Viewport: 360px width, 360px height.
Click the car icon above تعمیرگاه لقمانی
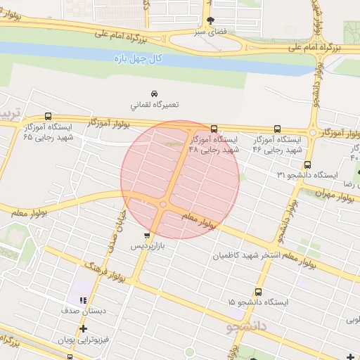click(153, 93)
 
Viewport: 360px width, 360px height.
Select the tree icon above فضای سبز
click(210, 20)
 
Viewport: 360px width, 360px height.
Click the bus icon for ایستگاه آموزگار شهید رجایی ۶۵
click(48, 117)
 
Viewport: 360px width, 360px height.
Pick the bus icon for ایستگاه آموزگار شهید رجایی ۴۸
click(214, 129)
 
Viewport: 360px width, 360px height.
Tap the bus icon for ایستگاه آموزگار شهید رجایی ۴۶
click(277, 129)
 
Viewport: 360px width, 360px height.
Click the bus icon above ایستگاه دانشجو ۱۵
click(259, 291)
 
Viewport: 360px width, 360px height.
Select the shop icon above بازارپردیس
click(146, 236)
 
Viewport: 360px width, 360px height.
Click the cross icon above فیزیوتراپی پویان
click(84, 328)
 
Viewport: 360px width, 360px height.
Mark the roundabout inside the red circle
click(162, 205)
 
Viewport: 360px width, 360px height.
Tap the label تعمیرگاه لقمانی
click(153, 104)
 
